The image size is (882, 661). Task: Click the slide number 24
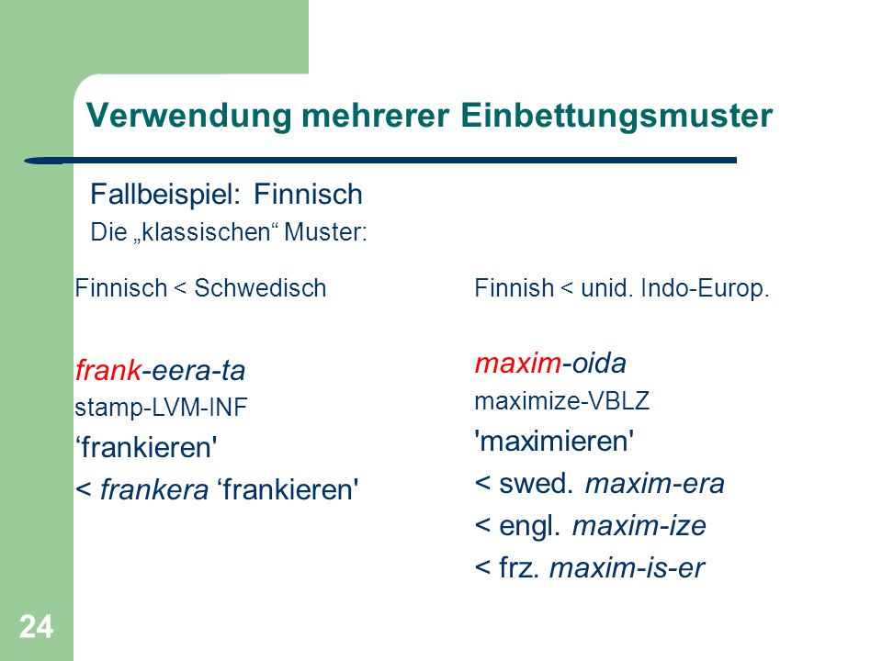pyautogui.click(x=37, y=626)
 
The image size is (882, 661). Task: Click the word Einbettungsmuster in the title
pyautogui.click(x=616, y=117)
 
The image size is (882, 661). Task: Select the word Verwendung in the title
pyautogui.click(x=189, y=117)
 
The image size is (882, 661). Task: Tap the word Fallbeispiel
pyautogui.click(x=165, y=196)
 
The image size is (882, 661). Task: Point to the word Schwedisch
pyautogui.click(x=260, y=288)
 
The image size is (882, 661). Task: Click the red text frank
pyautogui.click(x=108, y=370)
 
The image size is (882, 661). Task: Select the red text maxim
pyautogui.click(x=518, y=364)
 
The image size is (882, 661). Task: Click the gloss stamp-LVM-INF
pyautogui.click(x=161, y=408)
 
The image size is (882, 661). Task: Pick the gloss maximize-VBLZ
pyautogui.click(x=562, y=401)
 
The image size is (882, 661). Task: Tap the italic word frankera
pyautogui.click(x=154, y=489)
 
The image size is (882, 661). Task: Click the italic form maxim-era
pyautogui.click(x=655, y=484)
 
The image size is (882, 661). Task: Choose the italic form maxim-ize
pyautogui.click(x=639, y=526)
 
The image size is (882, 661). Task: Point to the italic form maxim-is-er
pyautogui.click(x=627, y=567)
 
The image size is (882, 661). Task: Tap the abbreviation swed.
pyautogui.click(x=536, y=484)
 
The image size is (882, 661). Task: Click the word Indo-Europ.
pyautogui.click(x=705, y=289)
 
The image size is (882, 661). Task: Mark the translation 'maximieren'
pyautogui.click(x=554, y=442)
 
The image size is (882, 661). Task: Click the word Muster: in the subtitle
pyautogui.click(x=325, y=232)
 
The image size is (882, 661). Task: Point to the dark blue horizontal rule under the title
pyautogui.click(x=380, y=161)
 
